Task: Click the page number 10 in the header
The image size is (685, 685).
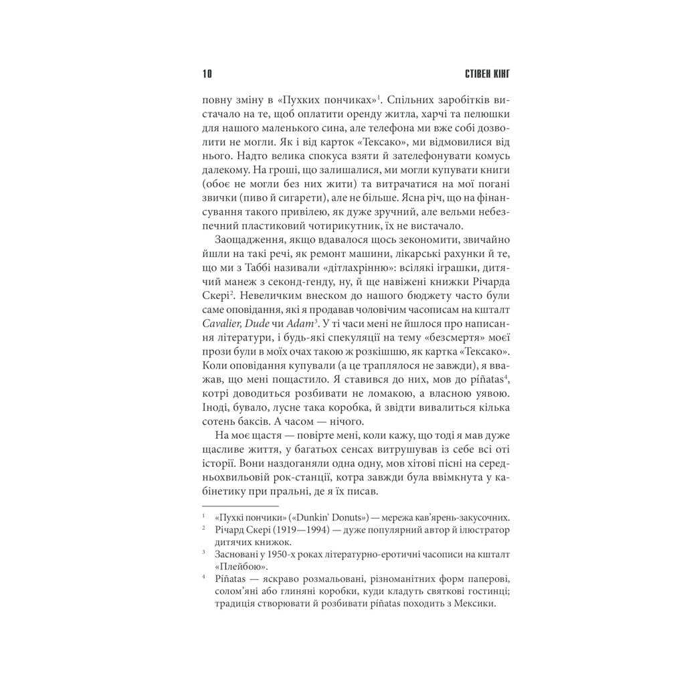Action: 207,73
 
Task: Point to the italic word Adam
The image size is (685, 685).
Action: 300,323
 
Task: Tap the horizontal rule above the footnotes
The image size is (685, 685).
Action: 230,506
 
